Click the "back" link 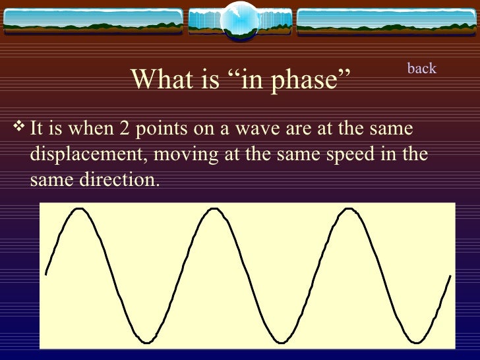tap(422, 69)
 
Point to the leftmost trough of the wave tap(146, 342)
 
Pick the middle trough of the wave tap(280, 342)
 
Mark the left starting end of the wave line tap(45, 272)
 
